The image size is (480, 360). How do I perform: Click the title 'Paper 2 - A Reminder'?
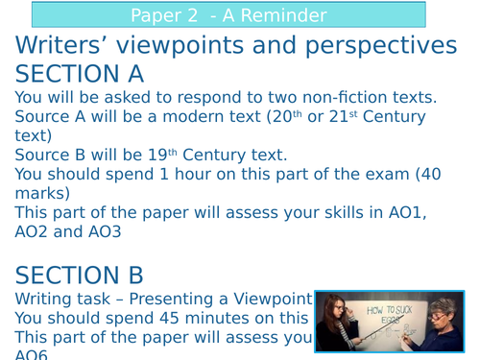228,15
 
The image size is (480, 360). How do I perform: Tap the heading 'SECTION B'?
80,275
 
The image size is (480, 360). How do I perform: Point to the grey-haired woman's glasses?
441,313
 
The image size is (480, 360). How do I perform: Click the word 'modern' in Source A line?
203,116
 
